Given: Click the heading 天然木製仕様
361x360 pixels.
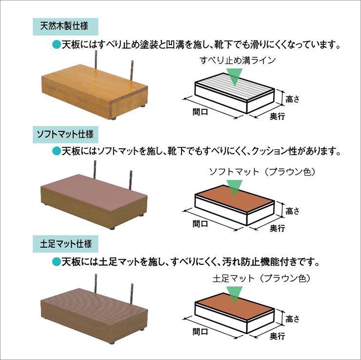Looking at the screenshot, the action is click(64, 26).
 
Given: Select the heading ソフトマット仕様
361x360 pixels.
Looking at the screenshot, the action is click(65, 134).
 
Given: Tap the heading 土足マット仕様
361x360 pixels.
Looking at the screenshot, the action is click(66, 244).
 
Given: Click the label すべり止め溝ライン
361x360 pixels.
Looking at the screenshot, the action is click(238, 60).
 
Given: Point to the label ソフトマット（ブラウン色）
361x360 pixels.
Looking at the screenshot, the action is click(262, 172).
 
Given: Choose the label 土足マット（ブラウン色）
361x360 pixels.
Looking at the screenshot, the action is click(262, 278).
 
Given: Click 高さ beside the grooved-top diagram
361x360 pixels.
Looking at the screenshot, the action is click(292, 99).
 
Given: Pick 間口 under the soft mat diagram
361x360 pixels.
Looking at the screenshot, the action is click(201, 223).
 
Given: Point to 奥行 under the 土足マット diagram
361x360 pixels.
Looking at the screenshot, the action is click(277, 336).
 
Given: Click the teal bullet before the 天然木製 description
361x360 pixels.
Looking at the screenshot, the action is click(57, 44).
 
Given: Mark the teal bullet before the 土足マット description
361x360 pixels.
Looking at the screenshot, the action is click(57, 262).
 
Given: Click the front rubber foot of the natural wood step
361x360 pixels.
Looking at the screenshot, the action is click(114, 119).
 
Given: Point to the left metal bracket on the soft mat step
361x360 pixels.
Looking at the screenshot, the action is click(95, 169).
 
